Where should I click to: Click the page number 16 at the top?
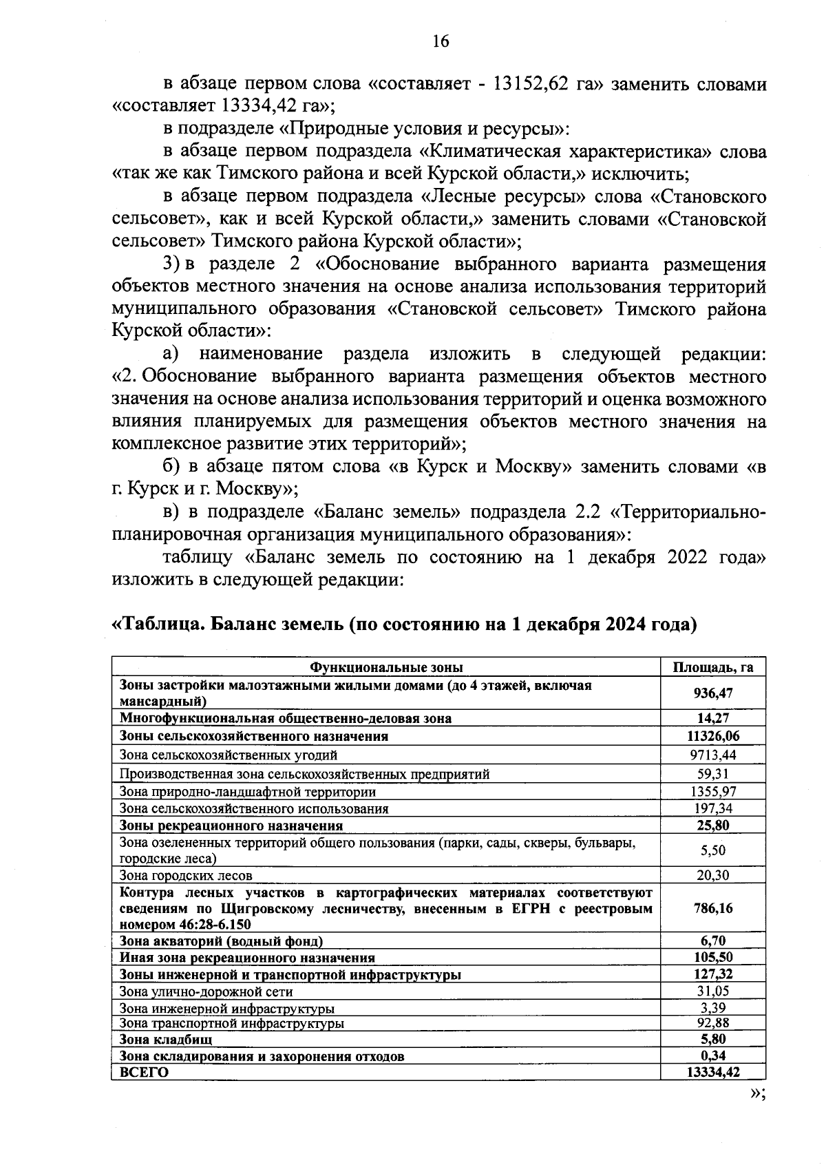[441, 41]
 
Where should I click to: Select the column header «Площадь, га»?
[712, 667]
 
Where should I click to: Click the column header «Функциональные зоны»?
[386, 667]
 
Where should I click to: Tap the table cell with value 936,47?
[712, 693]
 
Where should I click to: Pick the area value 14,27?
[712, 718]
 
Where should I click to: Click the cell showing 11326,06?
[712, 736]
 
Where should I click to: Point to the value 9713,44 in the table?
[712, 755]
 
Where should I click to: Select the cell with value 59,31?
[712, 773]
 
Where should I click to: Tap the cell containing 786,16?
[712, 908]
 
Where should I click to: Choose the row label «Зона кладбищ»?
[166, 1039]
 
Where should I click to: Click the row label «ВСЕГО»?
[144, 1072]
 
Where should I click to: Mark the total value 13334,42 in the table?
[712, 1072]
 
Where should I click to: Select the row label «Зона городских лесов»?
[186, 875]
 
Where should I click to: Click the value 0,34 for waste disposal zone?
[712, 1056]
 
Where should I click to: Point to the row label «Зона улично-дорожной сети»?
[206, 991]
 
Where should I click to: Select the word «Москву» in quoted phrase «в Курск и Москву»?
[534, 467]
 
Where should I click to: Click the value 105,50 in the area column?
[712, 958]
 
